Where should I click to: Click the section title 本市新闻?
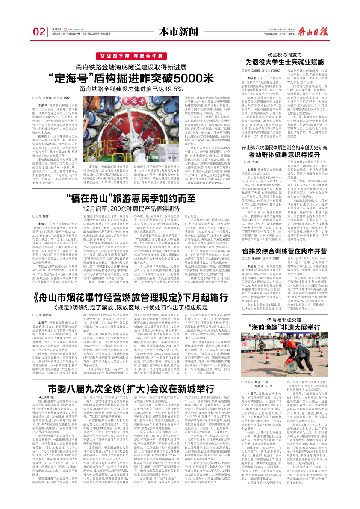[180, 31]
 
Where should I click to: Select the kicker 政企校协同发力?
[292, 54]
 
